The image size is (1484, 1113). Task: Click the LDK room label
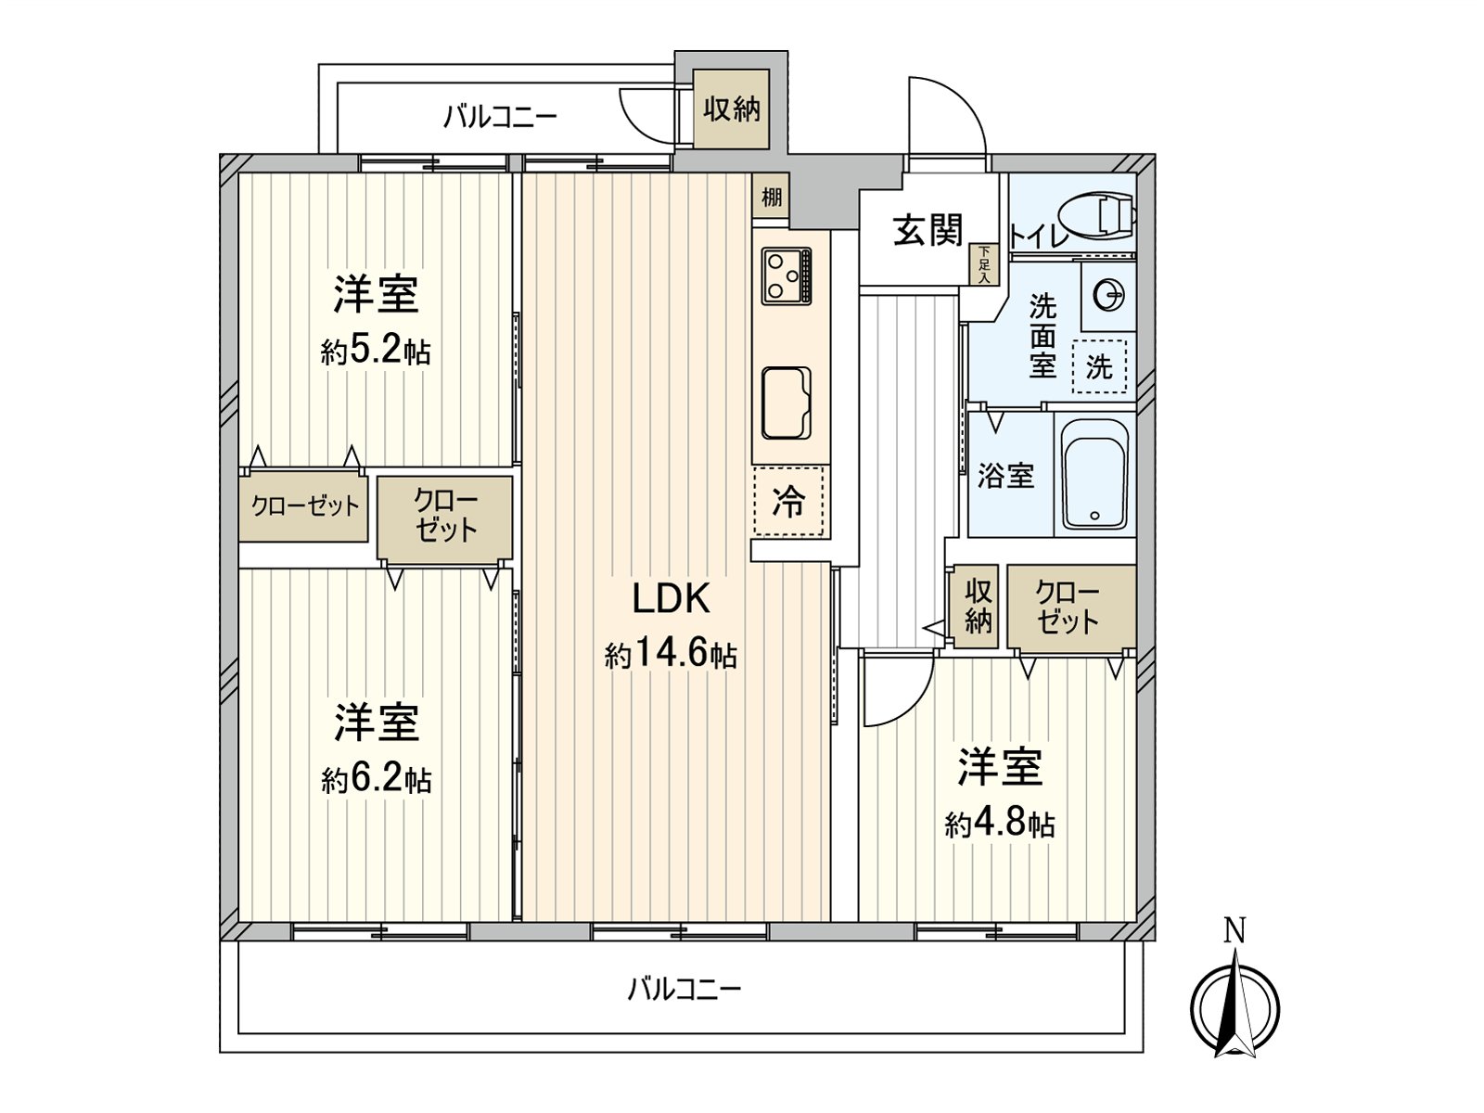click(671, 599)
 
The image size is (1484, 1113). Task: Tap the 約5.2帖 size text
click(376, 352)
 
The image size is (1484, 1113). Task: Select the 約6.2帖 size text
click(376, 779)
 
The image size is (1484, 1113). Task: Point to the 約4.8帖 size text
click(1000, 823)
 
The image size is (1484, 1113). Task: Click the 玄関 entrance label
click(927, 230)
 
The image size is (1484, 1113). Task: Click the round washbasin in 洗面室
click(1109, 297)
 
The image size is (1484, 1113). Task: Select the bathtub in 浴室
click(1095, 474)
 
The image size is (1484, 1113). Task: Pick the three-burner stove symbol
click(787, 275)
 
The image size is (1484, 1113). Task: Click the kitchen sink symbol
click(787, 403)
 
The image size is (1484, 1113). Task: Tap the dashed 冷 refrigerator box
click(789, 502)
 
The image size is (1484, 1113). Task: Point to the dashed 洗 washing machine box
click(1099, 365)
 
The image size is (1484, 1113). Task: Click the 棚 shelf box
click(771, 197)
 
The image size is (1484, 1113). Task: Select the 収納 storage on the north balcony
click(732, 109)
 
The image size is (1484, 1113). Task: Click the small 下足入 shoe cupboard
click(983, 264)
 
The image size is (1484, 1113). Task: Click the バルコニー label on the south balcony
click(684, 989)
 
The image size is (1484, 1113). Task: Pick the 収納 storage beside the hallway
click(978, 607)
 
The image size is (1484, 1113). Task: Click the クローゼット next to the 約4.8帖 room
click(1068, 607)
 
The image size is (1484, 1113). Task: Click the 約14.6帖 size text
click(671, 656)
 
